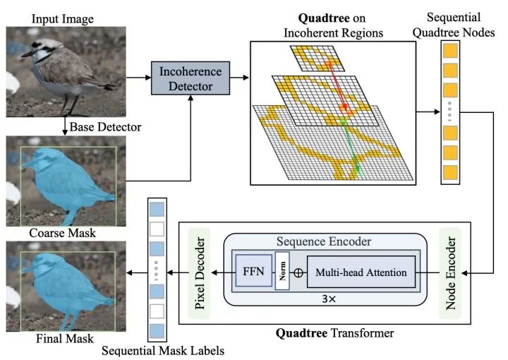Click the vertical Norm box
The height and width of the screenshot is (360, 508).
282,271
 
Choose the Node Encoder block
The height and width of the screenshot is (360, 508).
449,271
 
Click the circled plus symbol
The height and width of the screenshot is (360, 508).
298,272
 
